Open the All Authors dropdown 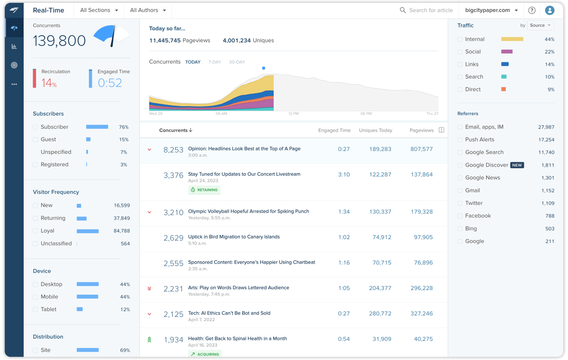148,10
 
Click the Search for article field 431,10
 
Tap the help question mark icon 532,10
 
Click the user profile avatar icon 550,10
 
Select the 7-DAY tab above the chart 214,62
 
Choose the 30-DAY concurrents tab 237,62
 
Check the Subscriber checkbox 35,127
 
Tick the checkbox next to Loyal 35,231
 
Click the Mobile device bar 88,297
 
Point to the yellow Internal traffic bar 512,39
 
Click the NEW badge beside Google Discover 517,165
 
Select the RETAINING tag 204,190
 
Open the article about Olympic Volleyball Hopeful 248,211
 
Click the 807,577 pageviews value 421,149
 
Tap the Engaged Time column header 334,130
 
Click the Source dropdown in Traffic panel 540,26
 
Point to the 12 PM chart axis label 293,114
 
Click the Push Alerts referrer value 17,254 546,140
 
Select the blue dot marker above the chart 264,68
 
